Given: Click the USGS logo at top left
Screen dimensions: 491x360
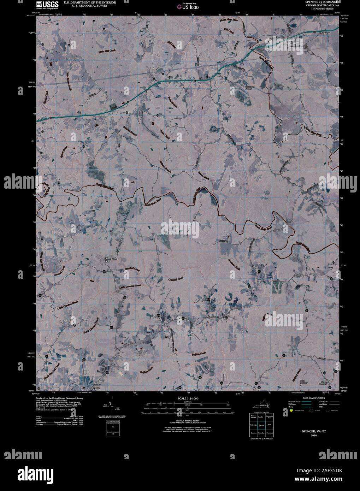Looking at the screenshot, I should click(x=45, y=5).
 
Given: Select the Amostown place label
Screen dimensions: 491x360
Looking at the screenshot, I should click(x=213, y=317).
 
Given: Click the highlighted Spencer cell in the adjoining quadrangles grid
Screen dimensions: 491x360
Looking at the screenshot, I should click(x=261, y=425).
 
